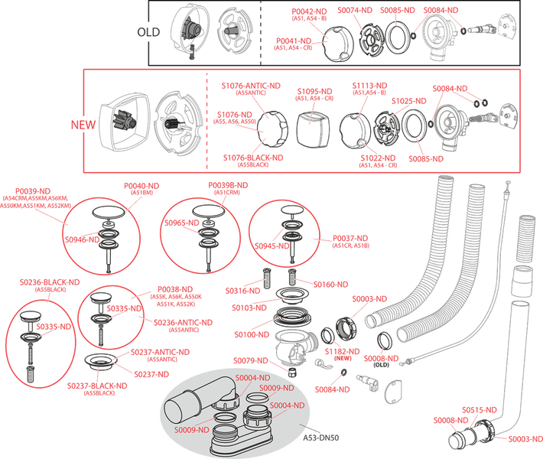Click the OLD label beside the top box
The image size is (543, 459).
(148, 31)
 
